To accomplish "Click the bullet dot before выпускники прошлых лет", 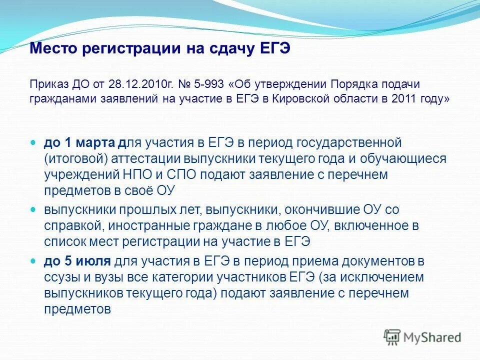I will click(x=34, y=209).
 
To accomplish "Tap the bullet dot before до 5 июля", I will click(x=34, y=261).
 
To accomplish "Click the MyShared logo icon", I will click(x=392, y=337).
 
